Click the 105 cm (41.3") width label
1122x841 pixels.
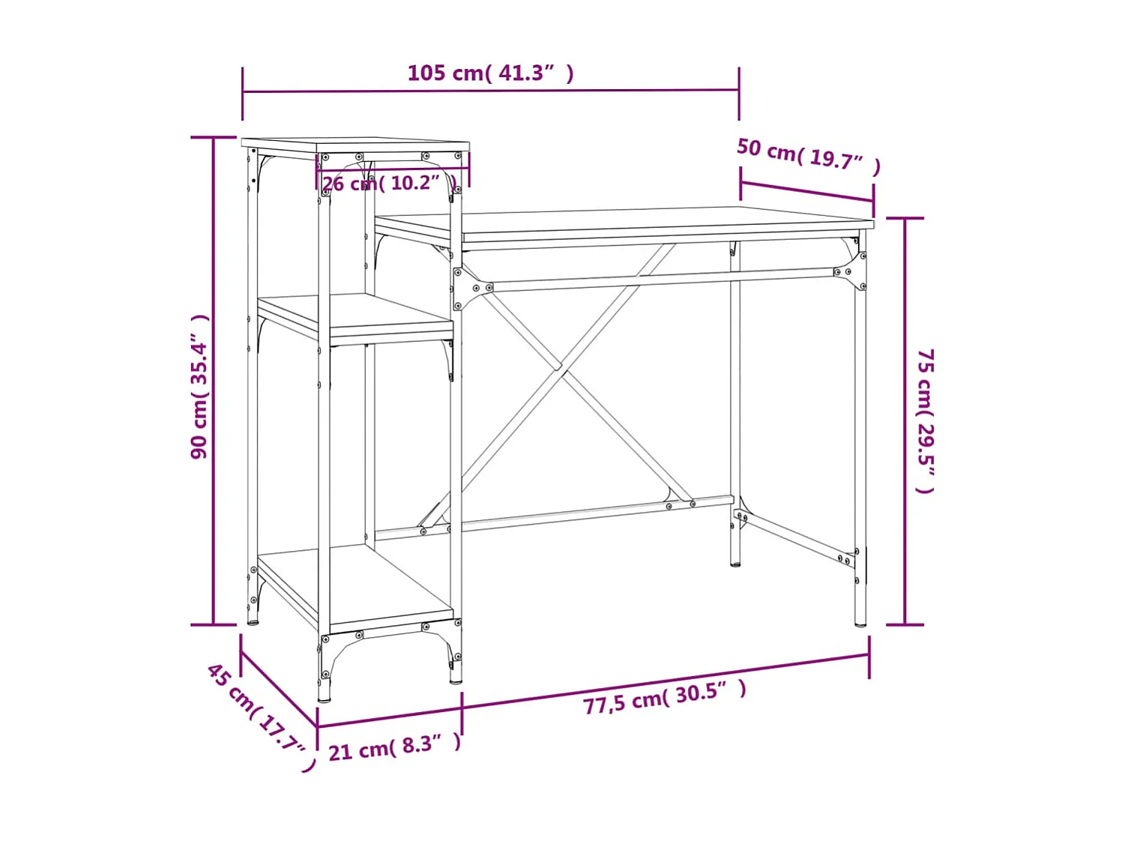490,73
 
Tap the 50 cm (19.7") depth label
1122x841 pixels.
808,156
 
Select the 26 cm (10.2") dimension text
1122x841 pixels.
388,183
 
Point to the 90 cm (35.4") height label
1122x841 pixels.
199,387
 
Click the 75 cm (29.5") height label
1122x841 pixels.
926,420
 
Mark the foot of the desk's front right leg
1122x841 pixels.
860,621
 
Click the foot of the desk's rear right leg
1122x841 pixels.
735,561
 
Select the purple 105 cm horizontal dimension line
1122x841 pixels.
490,91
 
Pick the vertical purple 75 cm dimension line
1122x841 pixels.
904,420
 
